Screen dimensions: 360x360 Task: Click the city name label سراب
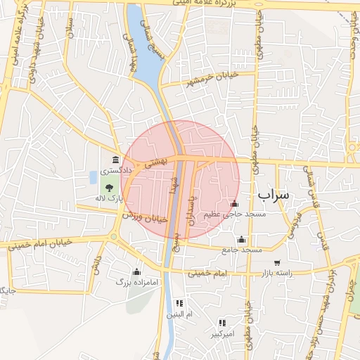273,195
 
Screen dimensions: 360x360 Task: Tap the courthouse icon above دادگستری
115,161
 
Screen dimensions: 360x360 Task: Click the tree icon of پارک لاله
109,188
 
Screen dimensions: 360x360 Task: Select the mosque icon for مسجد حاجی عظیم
234,204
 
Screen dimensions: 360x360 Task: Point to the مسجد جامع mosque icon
242,239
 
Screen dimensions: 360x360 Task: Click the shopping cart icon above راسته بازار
277,262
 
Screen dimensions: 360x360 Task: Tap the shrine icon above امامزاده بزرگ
136,271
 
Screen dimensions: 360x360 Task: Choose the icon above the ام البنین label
179,303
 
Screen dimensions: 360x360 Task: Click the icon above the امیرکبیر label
222,323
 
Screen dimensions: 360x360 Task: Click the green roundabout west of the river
112,236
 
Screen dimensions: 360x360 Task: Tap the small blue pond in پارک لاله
94,176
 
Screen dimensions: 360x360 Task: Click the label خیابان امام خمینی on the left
40,244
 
